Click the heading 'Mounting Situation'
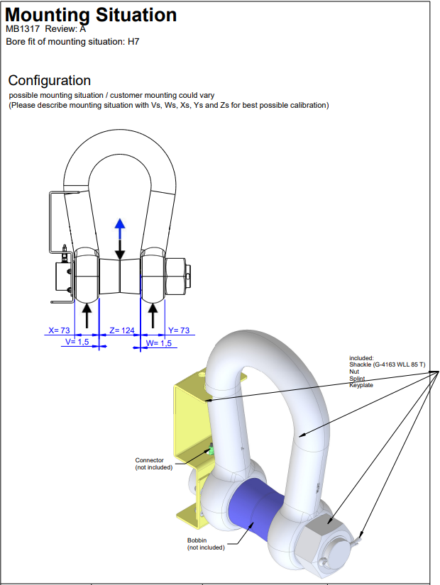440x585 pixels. [x=92, y=14]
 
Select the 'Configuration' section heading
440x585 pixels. [x=49, y=80]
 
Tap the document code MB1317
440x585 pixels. [x=23, y=29]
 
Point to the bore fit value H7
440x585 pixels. [x=133, y=42]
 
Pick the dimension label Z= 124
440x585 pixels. [x=122, y=330]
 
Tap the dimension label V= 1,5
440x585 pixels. [x=77, y=342]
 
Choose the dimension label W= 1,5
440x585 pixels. [x=159, y=343]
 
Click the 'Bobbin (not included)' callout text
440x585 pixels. [x=206, y=544]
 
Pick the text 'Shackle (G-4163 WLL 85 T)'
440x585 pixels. [x=387, y=364]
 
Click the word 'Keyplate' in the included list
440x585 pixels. [x=361, y=385]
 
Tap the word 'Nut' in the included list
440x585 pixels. [x=353, y=372]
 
